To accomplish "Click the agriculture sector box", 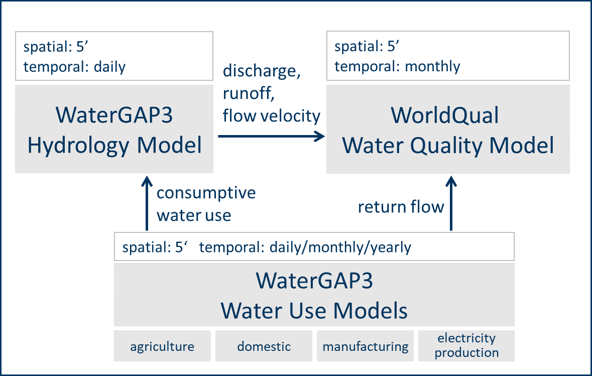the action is coord(162,346).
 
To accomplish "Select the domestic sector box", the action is coord(264,346).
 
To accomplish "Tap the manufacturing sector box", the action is coord(365,346).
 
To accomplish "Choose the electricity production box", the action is coord(466,346).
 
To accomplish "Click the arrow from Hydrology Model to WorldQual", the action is coord(272,136).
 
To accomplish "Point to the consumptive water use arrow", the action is coord(147,203).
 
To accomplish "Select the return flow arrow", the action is coord(451,203).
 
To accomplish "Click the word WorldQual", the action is coord(445,115).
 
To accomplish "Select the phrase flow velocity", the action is coord(272,116).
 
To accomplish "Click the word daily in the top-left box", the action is coord(109,67).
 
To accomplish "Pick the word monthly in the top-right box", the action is coord(432,66).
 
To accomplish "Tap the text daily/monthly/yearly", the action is coord(340,247).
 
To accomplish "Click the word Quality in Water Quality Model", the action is coord(446,146).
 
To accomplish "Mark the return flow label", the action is coord(401,207).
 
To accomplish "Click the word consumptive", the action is coord(206,193).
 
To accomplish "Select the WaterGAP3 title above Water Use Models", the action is coord(314,281).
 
